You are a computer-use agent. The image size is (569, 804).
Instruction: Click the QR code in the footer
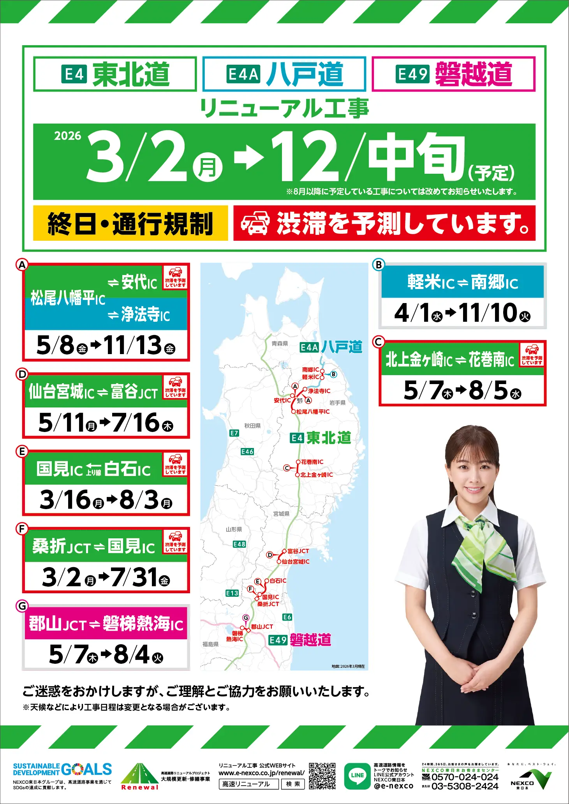coord(322,776)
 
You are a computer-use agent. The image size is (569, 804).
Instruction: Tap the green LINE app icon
coord(357,776)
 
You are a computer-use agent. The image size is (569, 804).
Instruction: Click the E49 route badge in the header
coord(412,74)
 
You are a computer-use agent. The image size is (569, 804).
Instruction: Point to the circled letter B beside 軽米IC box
coord(378,265)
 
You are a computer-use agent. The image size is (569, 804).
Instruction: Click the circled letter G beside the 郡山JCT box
coord(22,606)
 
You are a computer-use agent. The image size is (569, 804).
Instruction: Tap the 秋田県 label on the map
coord(252,426)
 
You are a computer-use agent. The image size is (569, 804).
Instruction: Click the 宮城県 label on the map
coord(281,514)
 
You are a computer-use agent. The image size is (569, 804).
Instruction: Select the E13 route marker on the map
coord(232,593)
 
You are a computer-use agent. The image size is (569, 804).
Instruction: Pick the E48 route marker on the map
coord(240,544)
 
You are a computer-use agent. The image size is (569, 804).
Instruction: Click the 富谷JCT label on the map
coord(298,551)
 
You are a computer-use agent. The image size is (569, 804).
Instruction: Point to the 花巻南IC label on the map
coord(312,462)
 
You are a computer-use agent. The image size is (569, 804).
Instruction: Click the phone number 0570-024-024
coord(465,777)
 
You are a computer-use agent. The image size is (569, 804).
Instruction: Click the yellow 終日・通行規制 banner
coord(130,223)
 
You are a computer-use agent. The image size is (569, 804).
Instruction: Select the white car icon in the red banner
coord(255,223)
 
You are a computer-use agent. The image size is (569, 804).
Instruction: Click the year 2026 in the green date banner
coord(67,136)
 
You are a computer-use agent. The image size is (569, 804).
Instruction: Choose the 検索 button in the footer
coord(293,784)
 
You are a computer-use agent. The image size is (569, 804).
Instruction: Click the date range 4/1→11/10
coord(462,313)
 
